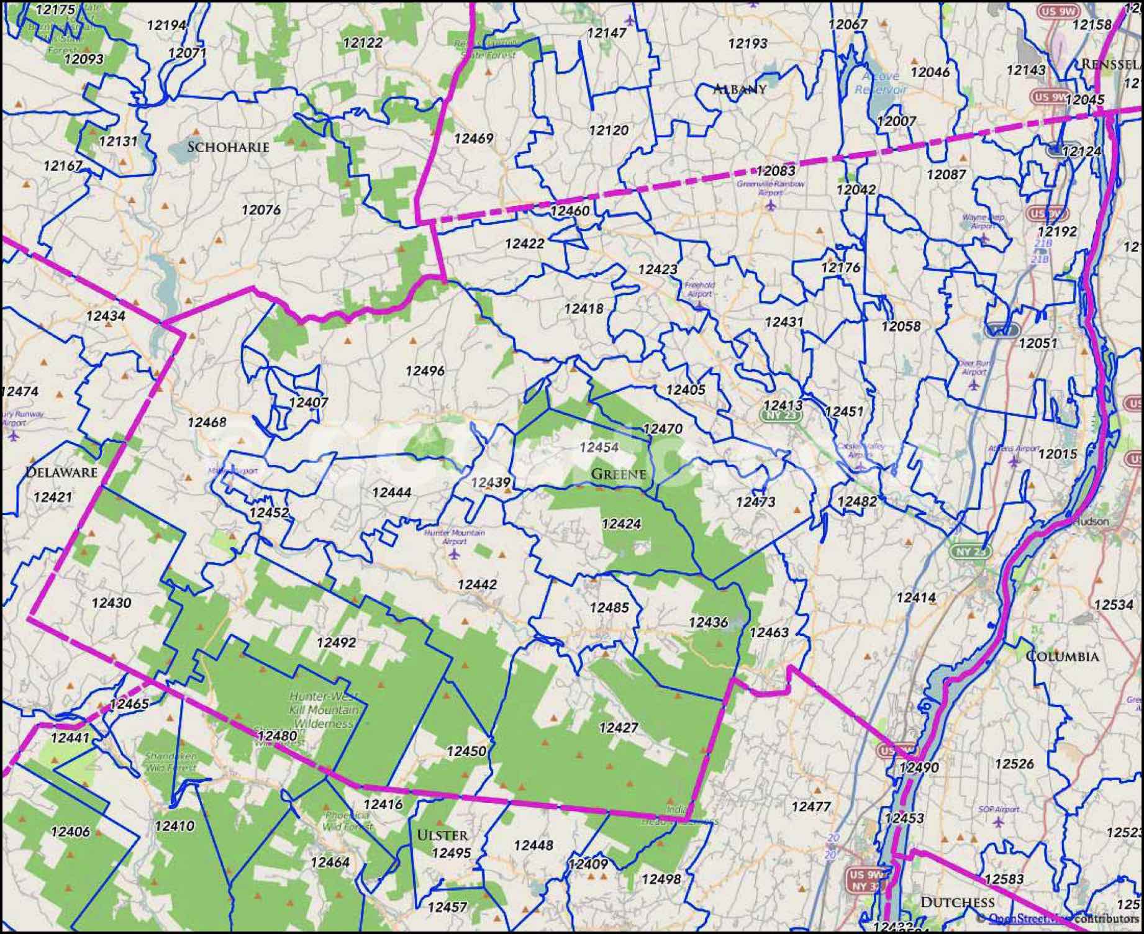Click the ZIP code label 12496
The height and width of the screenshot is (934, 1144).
(x=425, y=371)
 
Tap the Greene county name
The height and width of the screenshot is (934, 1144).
(x=618, y=474)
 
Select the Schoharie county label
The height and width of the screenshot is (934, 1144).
(x=228, y=147)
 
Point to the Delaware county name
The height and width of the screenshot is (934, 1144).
(x=61, y=472)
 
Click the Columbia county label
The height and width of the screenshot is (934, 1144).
(x=1062, y=656)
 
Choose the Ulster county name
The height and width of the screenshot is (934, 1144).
(x=442, y=835)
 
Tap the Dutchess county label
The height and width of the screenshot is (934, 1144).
(x=957, y=902)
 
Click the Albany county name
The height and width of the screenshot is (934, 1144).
(x=739, y=89)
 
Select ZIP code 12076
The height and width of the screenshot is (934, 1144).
(x=261, y=210)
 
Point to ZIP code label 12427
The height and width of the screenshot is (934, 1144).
(x=618, y=727)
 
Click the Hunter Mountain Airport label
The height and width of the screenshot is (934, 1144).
(x=454, y=537)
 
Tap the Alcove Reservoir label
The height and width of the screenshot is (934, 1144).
(x=881, y=83)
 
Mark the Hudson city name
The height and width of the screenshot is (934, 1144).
(x=1091, y=522)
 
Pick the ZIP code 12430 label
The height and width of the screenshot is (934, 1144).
(x=111, y=602)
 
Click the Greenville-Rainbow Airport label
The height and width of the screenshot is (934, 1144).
(x=770, y=188)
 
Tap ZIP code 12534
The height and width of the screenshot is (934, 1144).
(x=1114, y=605)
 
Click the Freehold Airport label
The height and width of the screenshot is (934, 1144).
(x=699, y=289)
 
